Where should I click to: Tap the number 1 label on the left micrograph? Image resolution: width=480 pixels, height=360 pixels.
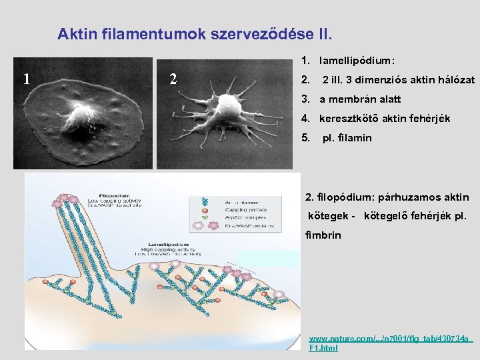tap(25, 79)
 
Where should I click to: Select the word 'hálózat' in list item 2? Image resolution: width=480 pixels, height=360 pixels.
tap(457, 80)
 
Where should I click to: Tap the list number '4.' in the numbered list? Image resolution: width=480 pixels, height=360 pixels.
tap(305, 119)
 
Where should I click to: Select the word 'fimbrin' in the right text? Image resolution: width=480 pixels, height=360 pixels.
tap(323, 235)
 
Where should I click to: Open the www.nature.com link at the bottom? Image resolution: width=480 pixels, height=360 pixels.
tap(390, 339)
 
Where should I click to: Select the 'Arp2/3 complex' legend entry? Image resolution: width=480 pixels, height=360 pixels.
tap(237, 217)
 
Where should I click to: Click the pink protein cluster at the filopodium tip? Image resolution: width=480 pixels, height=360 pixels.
tap(65, 199)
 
